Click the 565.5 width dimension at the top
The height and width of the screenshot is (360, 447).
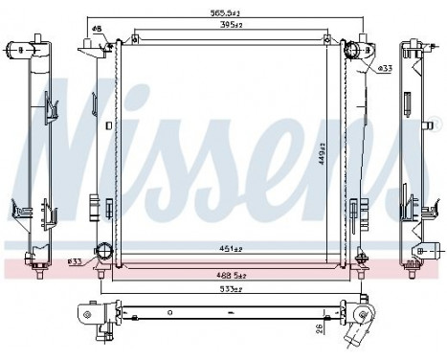(x=226, y=13)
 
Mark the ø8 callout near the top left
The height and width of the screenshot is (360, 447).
(x=97, y=28)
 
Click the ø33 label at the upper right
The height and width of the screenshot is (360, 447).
(x=384, y=69)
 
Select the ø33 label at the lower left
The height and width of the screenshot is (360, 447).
(x=74, y=260)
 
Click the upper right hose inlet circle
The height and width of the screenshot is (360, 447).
(x=352, y=51)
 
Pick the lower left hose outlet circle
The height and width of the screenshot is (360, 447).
(x=102, y=255)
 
